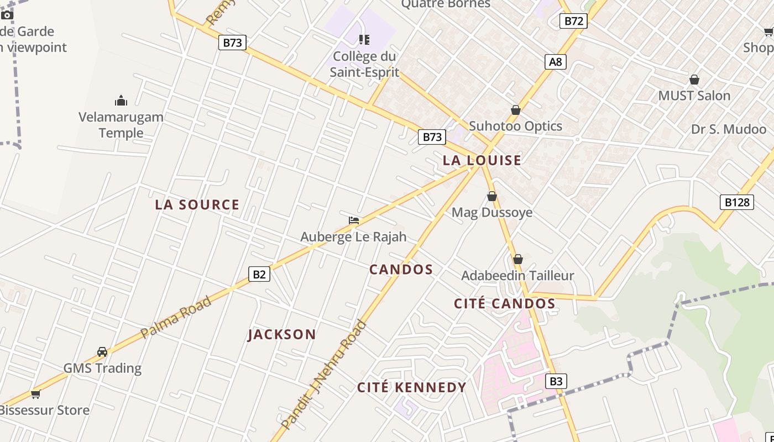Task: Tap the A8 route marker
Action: pos(556,61)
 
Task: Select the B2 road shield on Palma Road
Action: pos(259,274)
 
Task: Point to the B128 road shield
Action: pos(737,202)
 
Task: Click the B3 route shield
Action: pos(556,381)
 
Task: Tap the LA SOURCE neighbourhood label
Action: pos(197,204)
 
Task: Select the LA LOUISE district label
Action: pos(482,160)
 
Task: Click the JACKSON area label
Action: pos(282,334)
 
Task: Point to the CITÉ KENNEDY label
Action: pos(411,387)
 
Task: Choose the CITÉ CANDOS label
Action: pos(504,303)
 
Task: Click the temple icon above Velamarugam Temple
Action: pos(121,101)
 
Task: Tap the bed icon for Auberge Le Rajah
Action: pos(354,220)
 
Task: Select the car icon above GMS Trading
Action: pos(102,352)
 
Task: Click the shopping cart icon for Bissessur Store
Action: pos(36,394)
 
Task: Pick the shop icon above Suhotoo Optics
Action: pos(516,110)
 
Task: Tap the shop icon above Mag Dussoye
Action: pos(491,197)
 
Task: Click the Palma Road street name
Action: pos(176,317)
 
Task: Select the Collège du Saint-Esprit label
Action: pos(364,64)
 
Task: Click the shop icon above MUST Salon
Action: pos(694,80)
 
